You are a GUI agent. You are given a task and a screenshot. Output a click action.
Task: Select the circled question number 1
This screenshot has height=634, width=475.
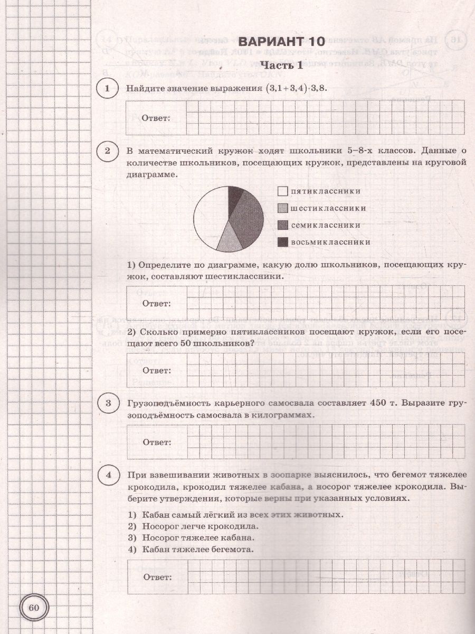[108, 89]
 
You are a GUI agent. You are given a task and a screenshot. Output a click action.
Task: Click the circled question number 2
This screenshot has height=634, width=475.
[108, 152]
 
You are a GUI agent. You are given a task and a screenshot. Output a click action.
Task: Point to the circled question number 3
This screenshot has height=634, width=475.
[108, 405]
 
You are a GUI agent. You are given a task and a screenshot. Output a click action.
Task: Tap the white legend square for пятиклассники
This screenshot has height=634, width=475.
[283, 191]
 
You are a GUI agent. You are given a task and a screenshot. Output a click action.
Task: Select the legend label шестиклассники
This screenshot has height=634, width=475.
[328, 208]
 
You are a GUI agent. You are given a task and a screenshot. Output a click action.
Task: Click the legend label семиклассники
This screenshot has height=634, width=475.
[325, 225]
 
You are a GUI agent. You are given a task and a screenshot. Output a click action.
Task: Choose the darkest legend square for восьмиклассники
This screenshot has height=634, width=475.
[283, 242]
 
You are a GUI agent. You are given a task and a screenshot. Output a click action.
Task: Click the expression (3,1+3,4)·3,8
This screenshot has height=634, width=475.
[296, 89]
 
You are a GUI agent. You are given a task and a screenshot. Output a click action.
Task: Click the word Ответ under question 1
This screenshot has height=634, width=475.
[156, 118]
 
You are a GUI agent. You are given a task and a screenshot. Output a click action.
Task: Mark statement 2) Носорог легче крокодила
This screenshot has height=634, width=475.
[193, 526]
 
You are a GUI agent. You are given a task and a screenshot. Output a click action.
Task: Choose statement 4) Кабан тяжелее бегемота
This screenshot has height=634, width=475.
[190, 549]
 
